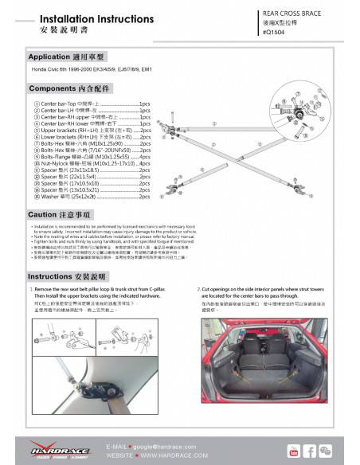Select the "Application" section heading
(72, 58)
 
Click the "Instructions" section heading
(72, 275)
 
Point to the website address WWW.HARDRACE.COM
(164, 456)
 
